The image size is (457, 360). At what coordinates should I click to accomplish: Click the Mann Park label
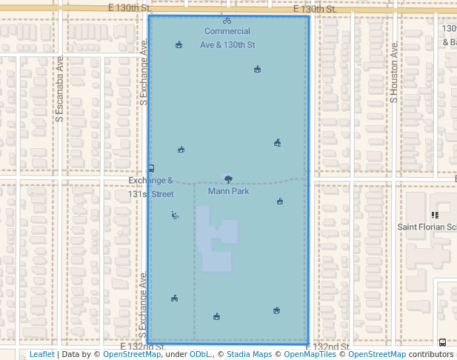pyautogui.click(x=228, y=191)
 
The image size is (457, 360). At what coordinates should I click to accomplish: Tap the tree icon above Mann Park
pyautogui.click(x=227, y=179)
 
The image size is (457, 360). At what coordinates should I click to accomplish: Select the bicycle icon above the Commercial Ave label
pyautogui.click(x=227, y=21)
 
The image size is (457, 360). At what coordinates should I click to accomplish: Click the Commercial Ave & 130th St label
pyautogui.click(x=227, y=38)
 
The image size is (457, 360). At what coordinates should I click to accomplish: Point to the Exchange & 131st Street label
pyautogui.click(x=150, y=187)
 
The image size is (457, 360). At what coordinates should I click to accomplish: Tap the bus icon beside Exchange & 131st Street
pyautogui.click(x=151, y=168)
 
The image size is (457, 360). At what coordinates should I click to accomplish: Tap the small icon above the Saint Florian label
pyautogui.click(x=435, y=215)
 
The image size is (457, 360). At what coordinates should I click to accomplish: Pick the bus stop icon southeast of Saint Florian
pyautogui.click(x=442, y=342)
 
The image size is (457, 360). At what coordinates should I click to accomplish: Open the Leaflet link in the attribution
pyautogui.click(x=41, y=354)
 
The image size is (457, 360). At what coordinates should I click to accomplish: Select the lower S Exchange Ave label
pyautogui.click(x=143, y=304)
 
